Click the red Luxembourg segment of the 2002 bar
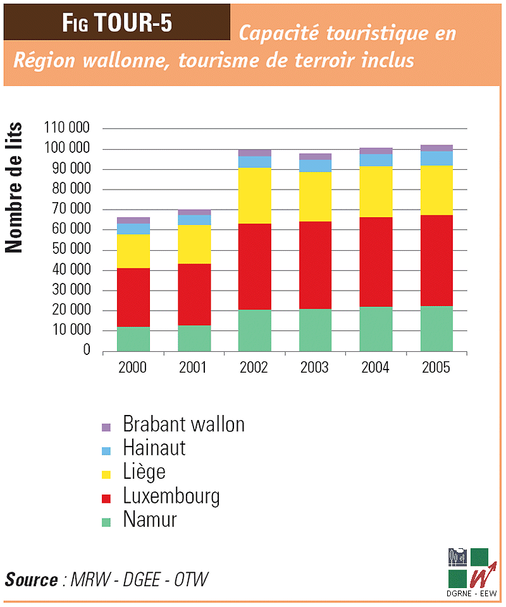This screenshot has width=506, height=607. pos(254,267)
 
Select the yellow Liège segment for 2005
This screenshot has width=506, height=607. pos(437,190)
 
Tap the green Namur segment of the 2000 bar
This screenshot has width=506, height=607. pos(133,339)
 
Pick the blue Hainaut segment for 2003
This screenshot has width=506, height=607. pos(315,165)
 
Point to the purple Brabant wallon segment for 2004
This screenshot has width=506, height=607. pos(376,151)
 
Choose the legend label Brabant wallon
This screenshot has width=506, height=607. pos(183,424)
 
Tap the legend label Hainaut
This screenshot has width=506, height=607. pos(154,448)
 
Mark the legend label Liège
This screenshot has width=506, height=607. pos(144,472)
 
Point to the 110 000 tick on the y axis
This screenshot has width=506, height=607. pos(66,129)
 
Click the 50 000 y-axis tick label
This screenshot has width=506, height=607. pos(70,250)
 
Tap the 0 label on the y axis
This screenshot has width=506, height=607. pos(87,351)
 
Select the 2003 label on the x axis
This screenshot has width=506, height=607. pos(315,368)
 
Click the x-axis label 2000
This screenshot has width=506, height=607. pos(133,368)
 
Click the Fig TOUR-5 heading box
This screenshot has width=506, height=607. pos(117,22)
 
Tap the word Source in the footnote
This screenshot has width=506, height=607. pos(32,579)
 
